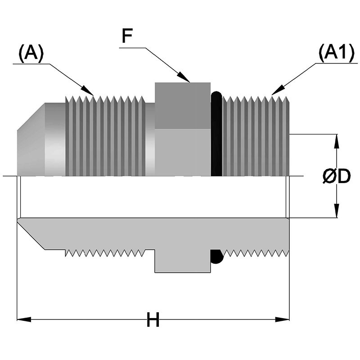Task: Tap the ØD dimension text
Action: coord(337,177)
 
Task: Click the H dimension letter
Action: coord(153,321)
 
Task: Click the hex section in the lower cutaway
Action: coord(182,263)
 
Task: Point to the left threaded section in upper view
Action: coord(106,135)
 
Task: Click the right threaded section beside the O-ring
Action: coord(255,135)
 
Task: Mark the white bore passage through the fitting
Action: coord(153,197)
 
